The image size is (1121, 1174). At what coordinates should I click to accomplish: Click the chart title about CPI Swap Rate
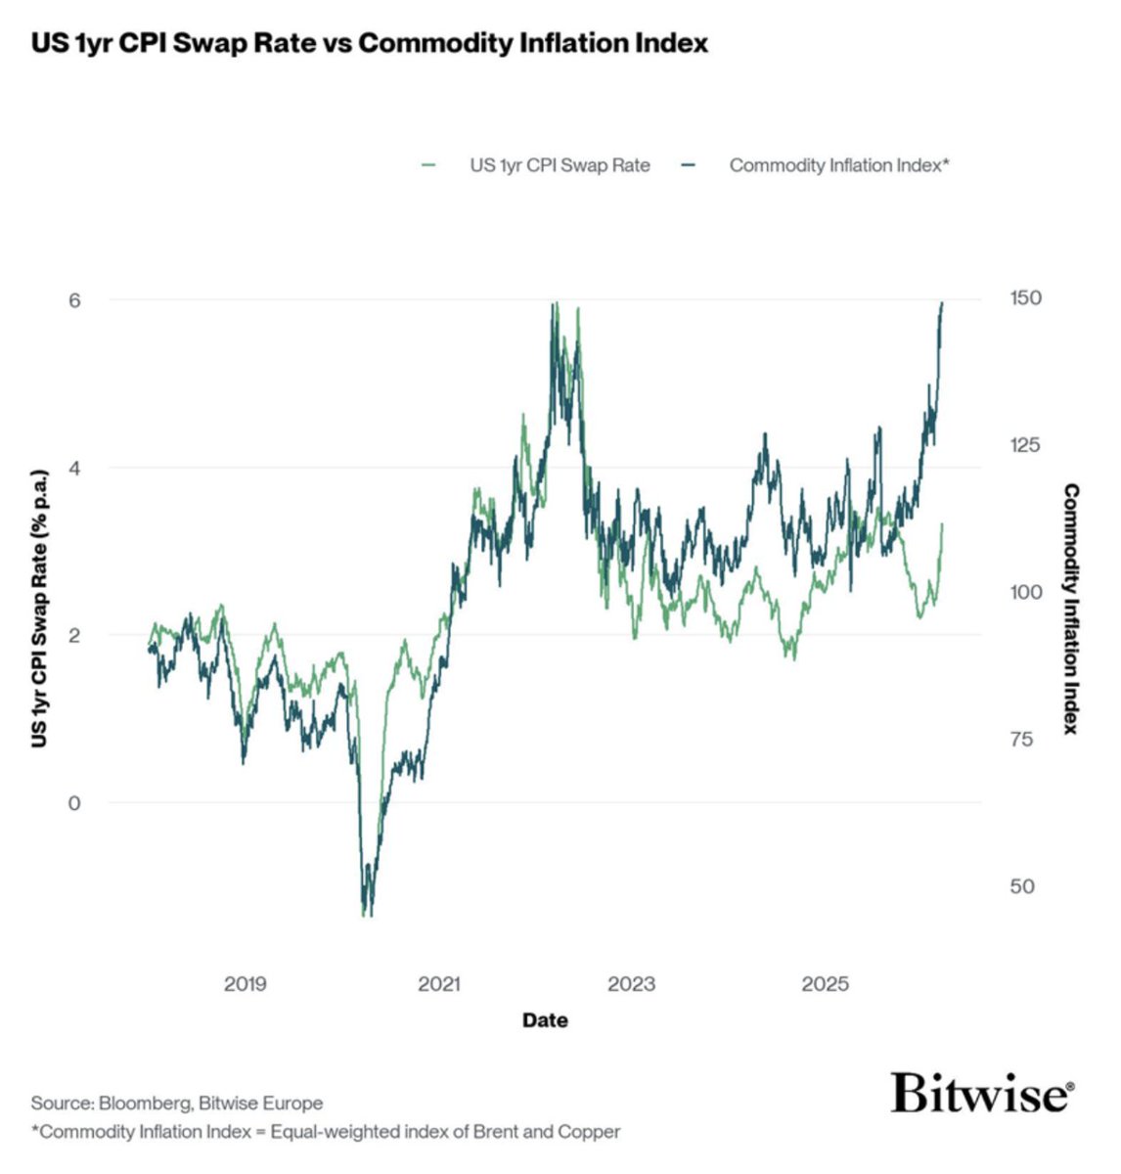point(369,44)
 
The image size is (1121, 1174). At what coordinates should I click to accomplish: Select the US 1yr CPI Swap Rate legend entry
point(559,165)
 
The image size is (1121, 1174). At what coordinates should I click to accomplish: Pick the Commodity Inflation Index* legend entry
point(838,165)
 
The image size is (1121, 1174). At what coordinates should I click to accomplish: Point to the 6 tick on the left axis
point(73,300)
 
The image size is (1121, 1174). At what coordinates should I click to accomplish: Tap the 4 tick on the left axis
point(73,468)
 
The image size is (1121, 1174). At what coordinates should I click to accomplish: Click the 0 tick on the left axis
point(73,803)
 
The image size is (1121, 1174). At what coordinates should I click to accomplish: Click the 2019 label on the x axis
point(245,984)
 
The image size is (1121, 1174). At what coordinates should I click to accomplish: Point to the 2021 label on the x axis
point(438,984)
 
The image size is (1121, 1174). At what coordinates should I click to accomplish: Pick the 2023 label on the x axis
point(631,984)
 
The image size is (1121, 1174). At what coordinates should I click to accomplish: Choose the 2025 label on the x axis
point(825,984)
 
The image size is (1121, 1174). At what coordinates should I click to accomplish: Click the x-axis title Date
point(545,1020)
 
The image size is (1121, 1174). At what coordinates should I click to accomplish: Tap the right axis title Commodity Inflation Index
point(1072,609)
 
